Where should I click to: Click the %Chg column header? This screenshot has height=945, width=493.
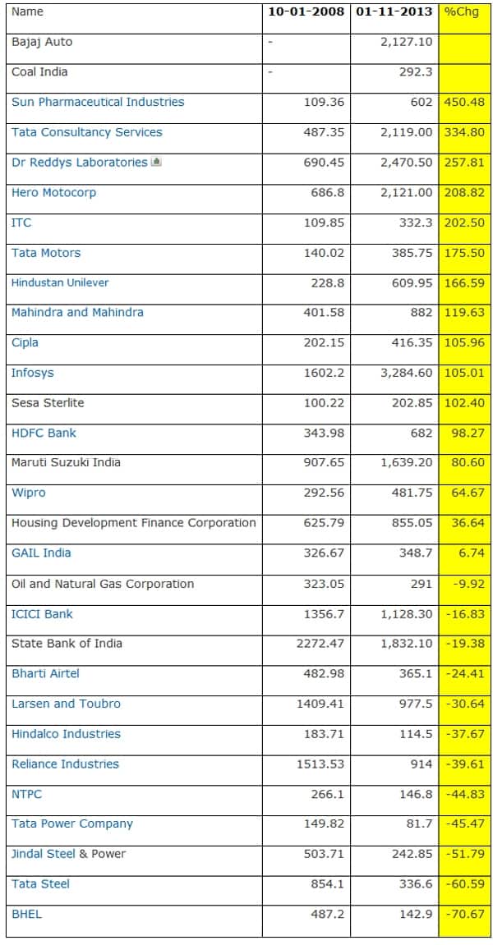point(457,11)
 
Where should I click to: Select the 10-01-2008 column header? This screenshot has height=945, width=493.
point(306,11)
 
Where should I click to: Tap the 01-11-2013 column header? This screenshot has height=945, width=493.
point(394,11)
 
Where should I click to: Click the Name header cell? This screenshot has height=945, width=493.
point(28,11)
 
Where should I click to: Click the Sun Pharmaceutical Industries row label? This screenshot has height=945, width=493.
point(98,102)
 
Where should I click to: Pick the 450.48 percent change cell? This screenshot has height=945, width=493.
point(464,102)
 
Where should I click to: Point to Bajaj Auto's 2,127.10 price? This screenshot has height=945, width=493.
point(406,42)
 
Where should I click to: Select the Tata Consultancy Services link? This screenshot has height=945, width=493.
point(87,132)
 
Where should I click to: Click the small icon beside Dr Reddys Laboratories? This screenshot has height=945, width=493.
point(156,162)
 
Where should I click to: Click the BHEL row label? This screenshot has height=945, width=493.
point(26,914)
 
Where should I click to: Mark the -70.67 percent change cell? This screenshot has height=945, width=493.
point(465,914)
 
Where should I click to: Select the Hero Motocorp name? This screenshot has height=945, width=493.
point(53,192)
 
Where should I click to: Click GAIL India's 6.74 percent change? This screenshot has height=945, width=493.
point(471,553)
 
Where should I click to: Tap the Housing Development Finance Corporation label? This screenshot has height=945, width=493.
point(133,523)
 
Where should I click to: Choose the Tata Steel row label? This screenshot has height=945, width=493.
point(40,883)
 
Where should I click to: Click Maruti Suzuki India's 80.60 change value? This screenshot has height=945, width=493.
point(468,463)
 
